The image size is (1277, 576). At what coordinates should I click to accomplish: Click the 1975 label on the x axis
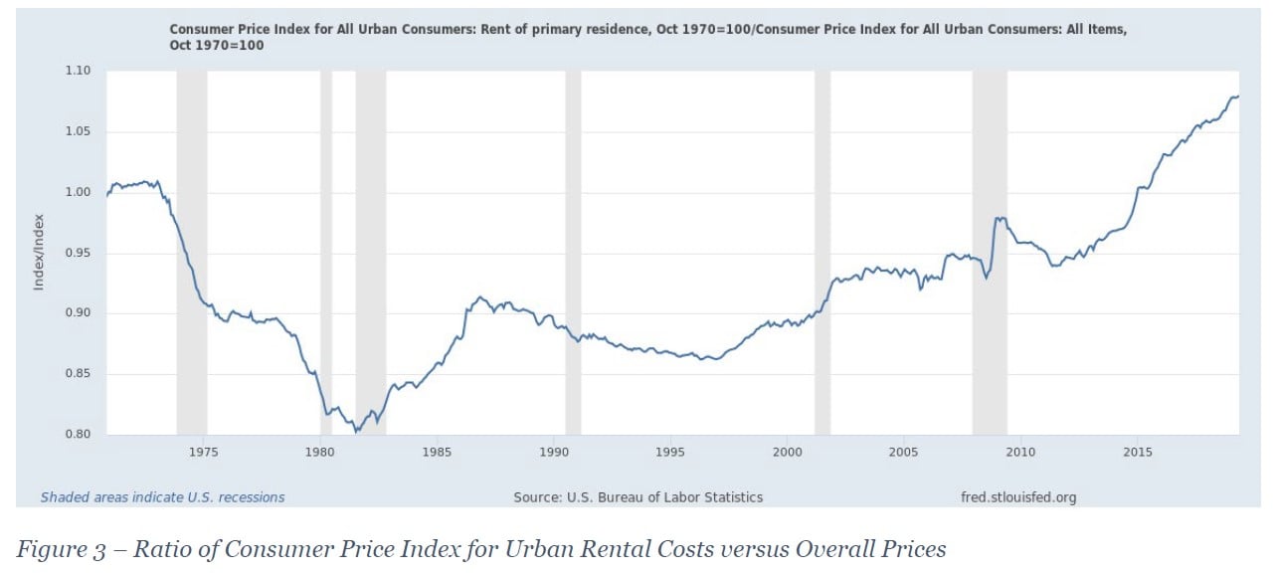coord(204,453)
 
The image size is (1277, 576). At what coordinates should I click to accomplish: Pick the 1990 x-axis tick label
coord(554,453)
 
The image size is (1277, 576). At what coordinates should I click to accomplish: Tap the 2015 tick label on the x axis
coord(1138,453)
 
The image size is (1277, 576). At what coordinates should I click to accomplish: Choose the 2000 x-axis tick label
coord(787,453)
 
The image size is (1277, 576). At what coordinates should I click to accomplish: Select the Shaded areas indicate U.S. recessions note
coord(162,497)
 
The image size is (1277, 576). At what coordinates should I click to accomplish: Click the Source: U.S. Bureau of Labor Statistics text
coord(638,497)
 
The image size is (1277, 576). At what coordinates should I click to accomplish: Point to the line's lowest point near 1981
coord(356,432)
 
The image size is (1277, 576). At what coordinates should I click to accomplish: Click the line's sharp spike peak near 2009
coord(998,217)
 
